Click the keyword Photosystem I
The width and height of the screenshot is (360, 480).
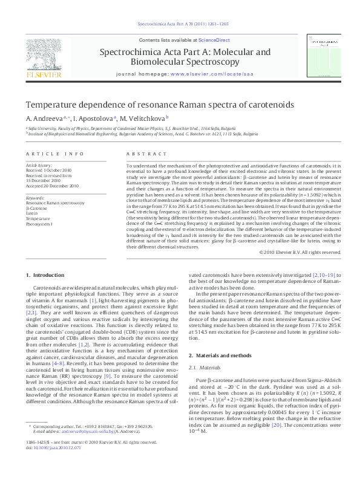tap(39, 224)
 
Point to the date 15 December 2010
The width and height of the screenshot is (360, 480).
tap(43, 180)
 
